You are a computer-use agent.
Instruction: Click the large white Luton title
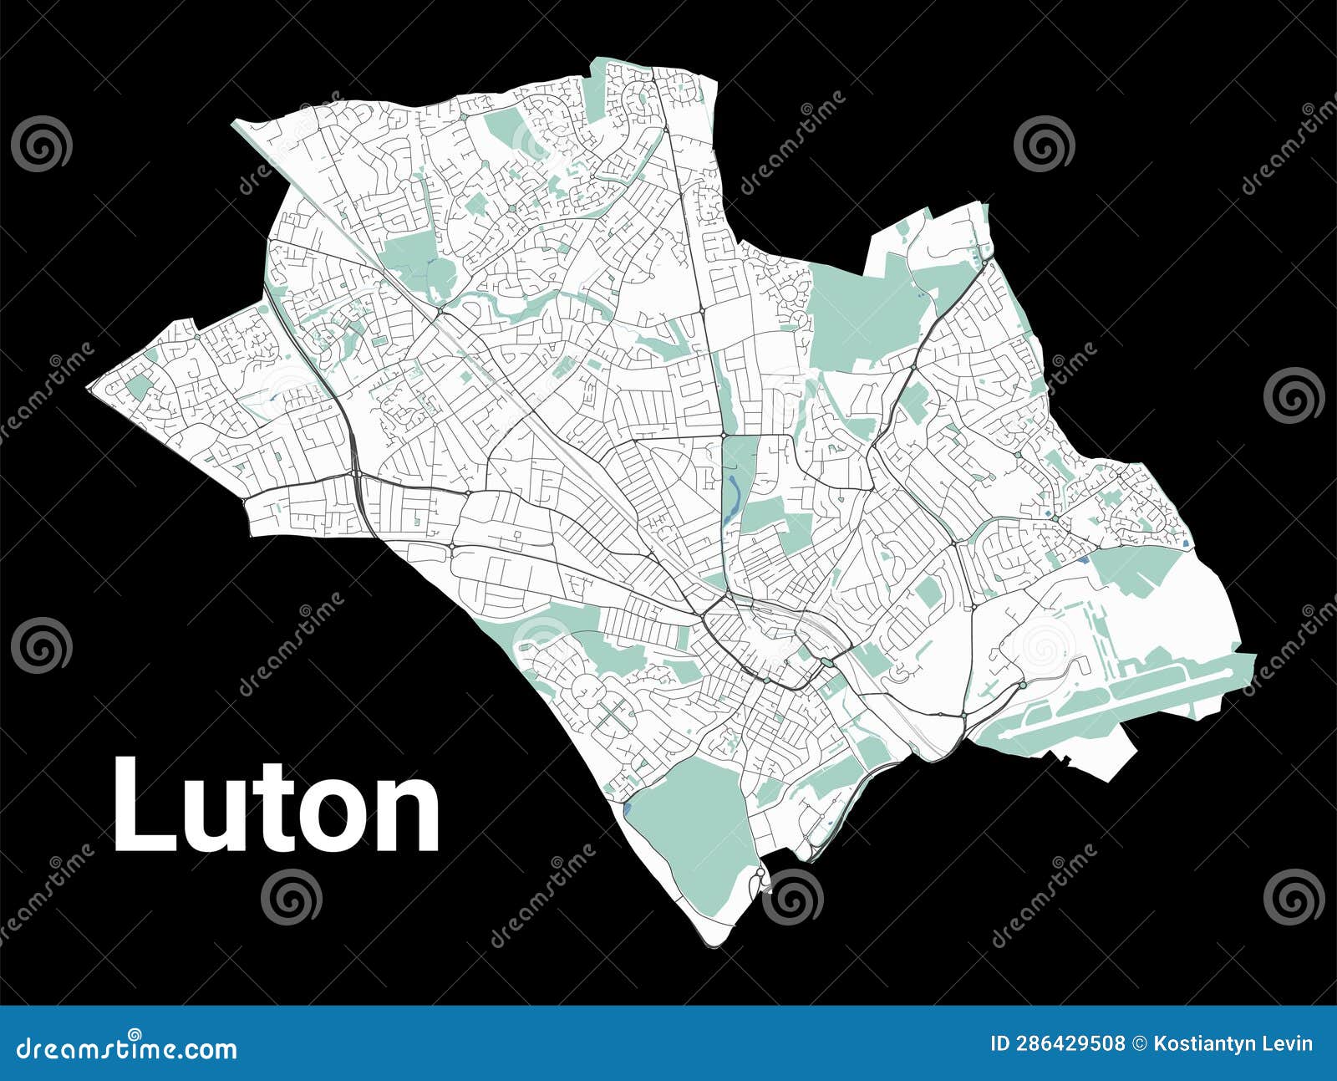(x=276, y=804)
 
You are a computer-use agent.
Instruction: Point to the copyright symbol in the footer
(x=1139, y=1044)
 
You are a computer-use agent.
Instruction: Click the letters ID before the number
(x=1000, y=1044)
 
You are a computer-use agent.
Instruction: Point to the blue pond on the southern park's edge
(x=628, y=809)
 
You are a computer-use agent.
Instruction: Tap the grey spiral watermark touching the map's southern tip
(x=792, y=896)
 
